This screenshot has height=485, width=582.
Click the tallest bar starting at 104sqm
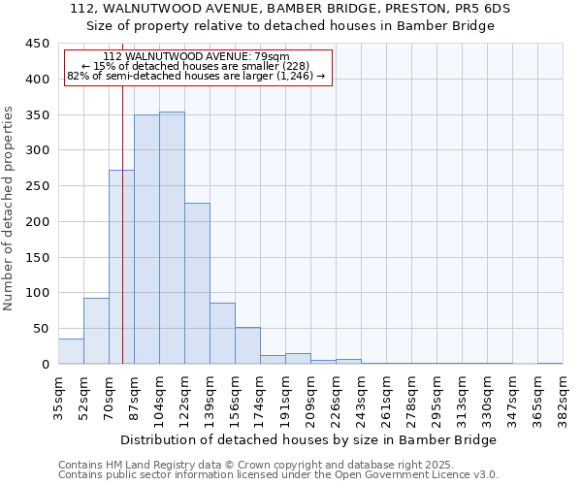pyautogui.click(x=172, y=238)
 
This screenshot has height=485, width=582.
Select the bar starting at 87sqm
pyautogui.click(x=146, y=240)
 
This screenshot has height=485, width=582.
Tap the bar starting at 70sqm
pyautogui.click(x=121, y=267)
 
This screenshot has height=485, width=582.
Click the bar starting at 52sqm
pyautogui.click(x=96, y=331)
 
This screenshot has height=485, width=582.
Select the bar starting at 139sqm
pyautogui.click(x=222, y=334)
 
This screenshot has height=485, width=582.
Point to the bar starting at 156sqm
pyautogui.click(x=247, y=346)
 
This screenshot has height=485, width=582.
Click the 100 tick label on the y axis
pyautogui.click(x=38, y=293)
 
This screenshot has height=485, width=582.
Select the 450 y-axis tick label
pyautogui.click(x=38, y=44)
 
